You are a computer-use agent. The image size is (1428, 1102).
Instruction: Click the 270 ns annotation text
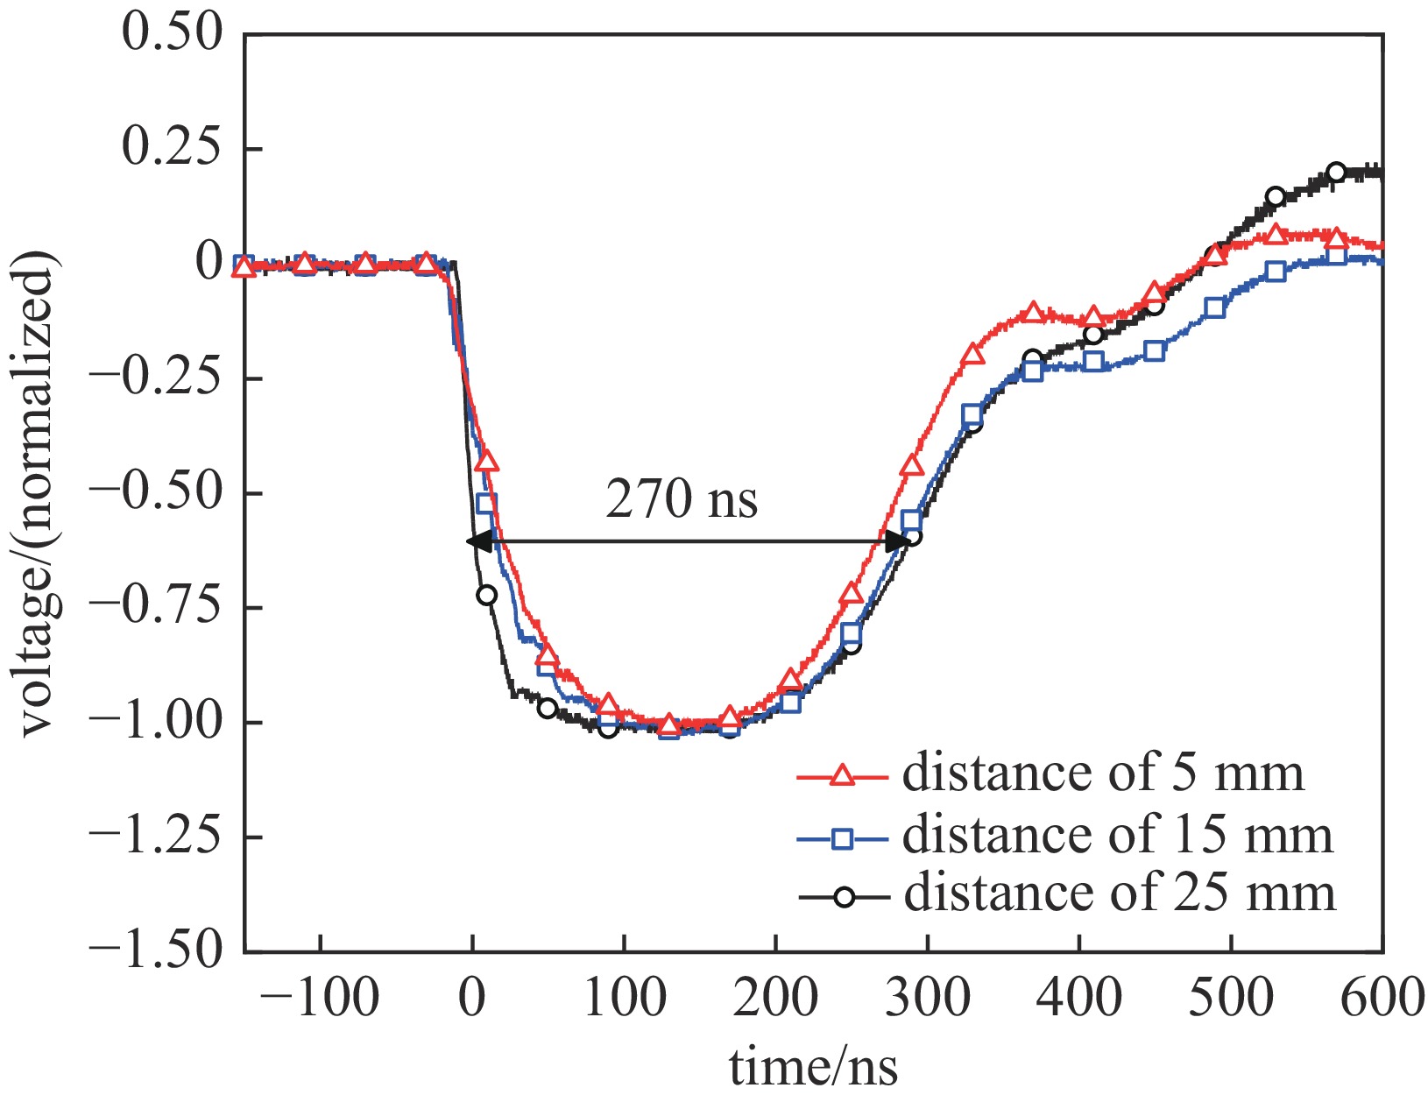[x=681, y=501]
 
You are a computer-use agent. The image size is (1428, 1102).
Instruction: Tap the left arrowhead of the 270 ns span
[x=477, y=542]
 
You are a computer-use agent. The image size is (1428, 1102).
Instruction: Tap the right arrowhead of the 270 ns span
[x=901, y=542]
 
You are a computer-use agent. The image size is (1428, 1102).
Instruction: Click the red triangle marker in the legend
[x=842, y=774]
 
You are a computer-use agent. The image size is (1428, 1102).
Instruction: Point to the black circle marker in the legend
[x=844, y=897]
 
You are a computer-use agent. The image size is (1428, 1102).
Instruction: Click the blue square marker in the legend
[x=842, y=838]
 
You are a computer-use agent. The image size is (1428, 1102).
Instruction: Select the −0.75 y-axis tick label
[x=157, y=607]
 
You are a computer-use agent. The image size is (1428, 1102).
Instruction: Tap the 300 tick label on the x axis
[x=927, y=999]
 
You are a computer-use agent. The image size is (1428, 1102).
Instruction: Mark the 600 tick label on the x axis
[x=1382, y=999]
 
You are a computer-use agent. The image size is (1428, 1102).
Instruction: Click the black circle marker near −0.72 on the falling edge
[x=486, y=595]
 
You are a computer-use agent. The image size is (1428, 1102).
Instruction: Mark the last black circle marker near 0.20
[x=1336, y=172]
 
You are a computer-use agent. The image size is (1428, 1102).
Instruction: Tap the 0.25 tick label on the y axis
[x=173, y=148]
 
